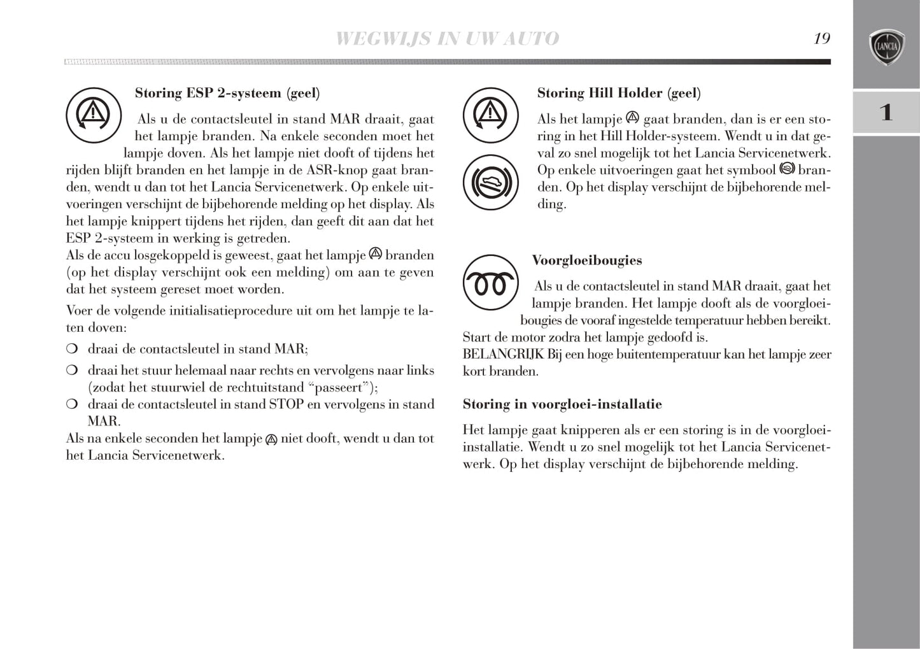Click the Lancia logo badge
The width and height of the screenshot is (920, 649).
(x=886, y=46)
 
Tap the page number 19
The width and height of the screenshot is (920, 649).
(x=821, y=38)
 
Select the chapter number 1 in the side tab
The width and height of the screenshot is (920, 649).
(x=886, y=113)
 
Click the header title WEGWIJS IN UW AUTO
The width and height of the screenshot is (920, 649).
(x=447, y=38)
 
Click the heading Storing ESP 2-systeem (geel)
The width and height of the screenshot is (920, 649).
(x=227, y=93)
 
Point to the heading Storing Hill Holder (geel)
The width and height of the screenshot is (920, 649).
(x=619, y=93)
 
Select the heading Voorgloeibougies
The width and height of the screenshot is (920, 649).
(x=587, y=260)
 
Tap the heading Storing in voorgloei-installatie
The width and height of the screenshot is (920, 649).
(x=562, y=404)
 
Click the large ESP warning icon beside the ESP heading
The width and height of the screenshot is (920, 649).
(x=94, y=115)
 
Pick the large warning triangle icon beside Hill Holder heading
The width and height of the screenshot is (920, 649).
(x=490, y=115)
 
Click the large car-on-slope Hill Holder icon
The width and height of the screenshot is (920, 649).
(x=490, y=183)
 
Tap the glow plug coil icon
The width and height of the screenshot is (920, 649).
(x=490, y=283)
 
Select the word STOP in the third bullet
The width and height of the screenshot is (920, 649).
(x=287, y=404)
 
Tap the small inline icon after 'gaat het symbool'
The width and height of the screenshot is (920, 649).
(x=788, y=169)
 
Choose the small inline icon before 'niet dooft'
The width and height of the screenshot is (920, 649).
(x=271, y=439)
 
